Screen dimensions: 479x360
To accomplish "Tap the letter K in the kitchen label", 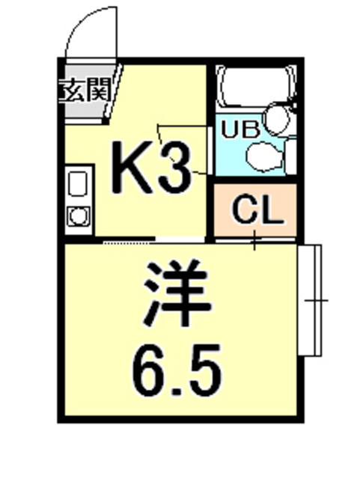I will [x=132, y=167].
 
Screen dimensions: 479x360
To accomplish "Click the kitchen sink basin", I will [x=77, y=184].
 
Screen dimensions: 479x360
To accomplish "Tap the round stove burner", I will [x=77, y=216].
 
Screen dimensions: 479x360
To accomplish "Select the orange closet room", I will [x=257, y=210].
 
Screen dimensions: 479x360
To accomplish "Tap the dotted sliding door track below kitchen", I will [x=127, y=242].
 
